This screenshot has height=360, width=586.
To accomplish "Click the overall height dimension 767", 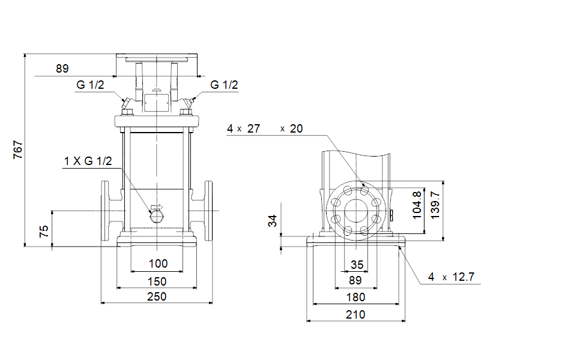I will [17, 149].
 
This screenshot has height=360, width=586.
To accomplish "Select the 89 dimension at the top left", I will [62, 68].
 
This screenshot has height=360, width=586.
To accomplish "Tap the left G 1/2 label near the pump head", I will [90, 85].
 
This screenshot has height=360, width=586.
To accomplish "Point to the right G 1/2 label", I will [224, 85].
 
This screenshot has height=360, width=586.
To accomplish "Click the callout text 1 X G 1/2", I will [88, 161].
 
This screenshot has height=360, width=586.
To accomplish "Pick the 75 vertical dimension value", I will [44, 232].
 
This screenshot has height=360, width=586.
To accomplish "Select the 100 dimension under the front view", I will [158, 263].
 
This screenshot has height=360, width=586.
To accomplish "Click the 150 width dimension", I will [157, 281].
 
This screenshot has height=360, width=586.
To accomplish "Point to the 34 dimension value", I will [273, 221].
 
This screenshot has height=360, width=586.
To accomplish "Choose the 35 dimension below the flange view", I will [357, 265].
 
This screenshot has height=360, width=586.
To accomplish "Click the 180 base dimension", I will [355, 297].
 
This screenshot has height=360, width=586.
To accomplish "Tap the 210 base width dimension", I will [355, 314].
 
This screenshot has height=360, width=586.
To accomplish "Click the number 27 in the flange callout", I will [253, 128].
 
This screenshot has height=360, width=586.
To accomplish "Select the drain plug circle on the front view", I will [156, 214].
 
